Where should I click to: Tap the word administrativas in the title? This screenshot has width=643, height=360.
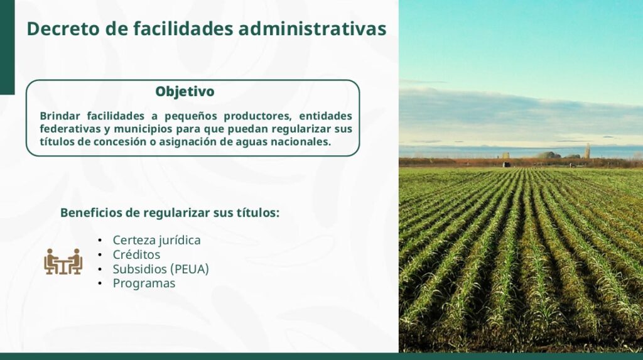312,29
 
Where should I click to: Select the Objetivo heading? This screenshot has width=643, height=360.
185,92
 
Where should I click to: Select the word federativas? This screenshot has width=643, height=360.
70,129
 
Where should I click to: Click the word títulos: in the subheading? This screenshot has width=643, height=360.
258,212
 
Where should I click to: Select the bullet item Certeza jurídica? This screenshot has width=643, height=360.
156,241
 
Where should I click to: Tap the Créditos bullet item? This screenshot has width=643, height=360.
136,254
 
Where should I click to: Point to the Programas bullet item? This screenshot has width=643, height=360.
144,283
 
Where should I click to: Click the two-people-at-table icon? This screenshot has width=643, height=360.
63,261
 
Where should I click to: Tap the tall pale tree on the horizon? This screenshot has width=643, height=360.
587,151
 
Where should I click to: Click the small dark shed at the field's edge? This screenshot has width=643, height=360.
507,165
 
